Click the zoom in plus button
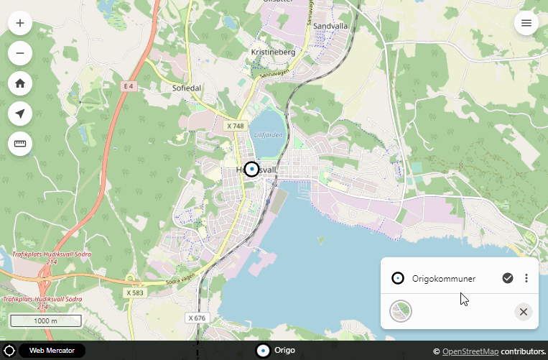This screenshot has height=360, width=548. coord(20,23)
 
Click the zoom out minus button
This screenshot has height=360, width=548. coord(20,52)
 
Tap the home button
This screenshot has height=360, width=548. coord(20,83)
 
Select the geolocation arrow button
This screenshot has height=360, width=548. coord(20,113)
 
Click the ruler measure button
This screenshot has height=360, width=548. coord(20,143)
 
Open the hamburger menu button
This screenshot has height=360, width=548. coord(526,23)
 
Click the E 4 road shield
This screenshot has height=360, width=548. coord(129,86)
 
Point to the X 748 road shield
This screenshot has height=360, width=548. coord(236,126)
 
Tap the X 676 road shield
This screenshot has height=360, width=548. coord(196,318)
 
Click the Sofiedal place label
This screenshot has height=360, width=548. coord(187,88)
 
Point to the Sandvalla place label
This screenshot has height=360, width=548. coord(331,25)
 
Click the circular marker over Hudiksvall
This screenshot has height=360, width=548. coord(251,169)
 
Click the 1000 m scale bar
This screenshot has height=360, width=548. coord(46,320)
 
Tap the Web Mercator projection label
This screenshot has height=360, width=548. coord(52,351)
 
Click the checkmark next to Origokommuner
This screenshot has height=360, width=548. coord(508,278)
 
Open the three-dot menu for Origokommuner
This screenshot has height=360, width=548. coord(526,278)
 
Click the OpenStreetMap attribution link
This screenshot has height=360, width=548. coord(470,351)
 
